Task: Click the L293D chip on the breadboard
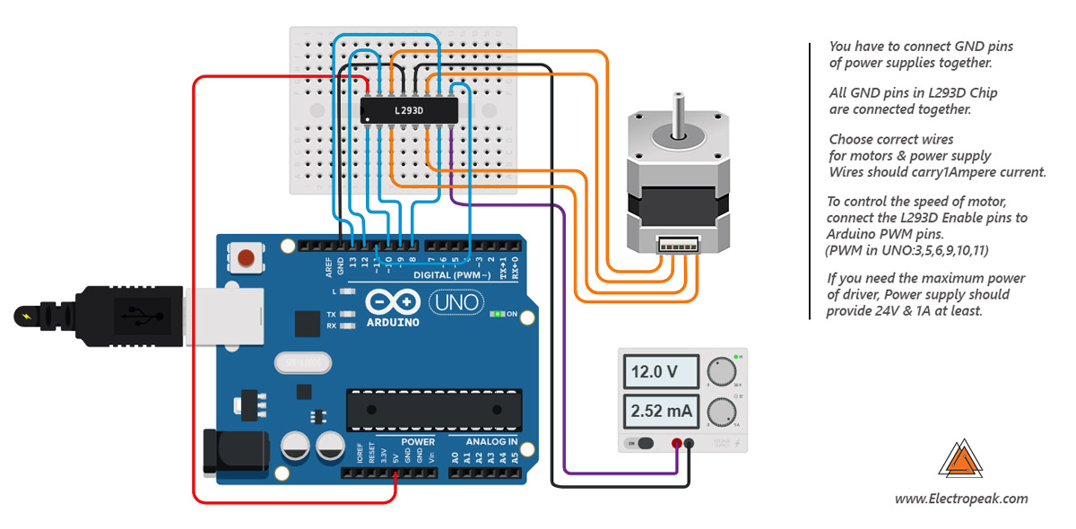[408, 110]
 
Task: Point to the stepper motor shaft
[679, 112]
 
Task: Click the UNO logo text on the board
[457, 302]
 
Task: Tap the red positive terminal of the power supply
[675, 444]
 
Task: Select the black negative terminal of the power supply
[689, 444]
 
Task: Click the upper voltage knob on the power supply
[719, 371]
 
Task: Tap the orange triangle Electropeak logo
[960, 459]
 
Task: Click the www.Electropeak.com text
[961, 499]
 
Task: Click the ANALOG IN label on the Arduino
[490, 441]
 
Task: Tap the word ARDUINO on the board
[392, 321]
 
